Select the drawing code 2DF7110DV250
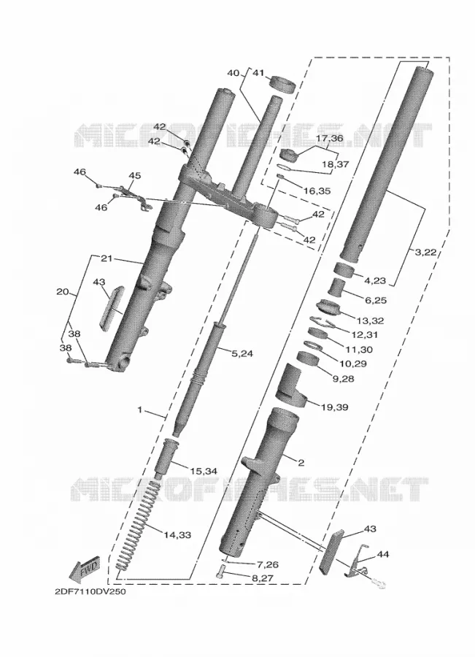[x=90, y=591]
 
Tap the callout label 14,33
[x=177, y=535]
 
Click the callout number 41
[x=258, y=73]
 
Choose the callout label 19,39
[x=334, y=407]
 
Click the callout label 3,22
[x=425, y=253]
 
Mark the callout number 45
[x=134, y=175]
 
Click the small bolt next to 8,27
[x=222, y=572]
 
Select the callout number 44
[x=383, y=554]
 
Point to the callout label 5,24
[x=242, y=353]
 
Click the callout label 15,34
[x=203, y=472]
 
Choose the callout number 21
[x=107, y=258]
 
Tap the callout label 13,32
[x=370, y=321]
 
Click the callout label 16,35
[x=317, y=191]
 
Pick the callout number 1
[x=140, y=410]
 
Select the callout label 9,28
[x=343, y=379]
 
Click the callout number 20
[x=63, y=291]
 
